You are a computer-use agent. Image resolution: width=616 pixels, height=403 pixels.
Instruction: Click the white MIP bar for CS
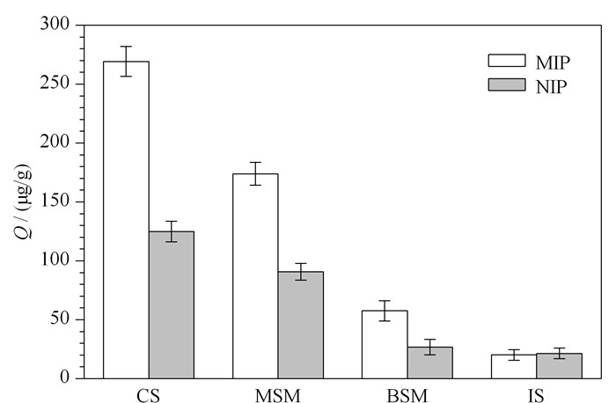[126, 220]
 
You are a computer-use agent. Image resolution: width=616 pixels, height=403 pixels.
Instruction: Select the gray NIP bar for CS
[172, 304]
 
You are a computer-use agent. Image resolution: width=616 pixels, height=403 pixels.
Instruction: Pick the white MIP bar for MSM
[255, 276]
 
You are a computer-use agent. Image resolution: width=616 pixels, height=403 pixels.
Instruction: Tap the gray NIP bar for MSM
[301, 325]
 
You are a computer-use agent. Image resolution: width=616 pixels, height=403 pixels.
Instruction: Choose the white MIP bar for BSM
[385, 344]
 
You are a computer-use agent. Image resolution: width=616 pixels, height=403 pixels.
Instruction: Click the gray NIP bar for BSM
[429, 363]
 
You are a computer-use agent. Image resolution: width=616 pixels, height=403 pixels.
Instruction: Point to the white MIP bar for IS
[514, 366]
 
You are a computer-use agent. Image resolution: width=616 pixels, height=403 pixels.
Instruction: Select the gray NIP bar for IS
[559, 366]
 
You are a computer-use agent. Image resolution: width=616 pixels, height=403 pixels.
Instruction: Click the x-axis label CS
[149, 396]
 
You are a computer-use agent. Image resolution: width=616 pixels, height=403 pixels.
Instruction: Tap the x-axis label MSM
[278, 396]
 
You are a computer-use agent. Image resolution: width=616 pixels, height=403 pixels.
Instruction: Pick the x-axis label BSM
[407, 396]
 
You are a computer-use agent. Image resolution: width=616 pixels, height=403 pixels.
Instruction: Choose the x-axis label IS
[536, 396]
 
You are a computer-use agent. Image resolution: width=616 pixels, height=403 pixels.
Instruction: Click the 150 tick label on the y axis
[55, 201]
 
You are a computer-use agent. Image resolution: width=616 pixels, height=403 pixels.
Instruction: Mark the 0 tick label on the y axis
[65, 377]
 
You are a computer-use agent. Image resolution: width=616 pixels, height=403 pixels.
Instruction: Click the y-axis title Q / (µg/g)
[24, 201]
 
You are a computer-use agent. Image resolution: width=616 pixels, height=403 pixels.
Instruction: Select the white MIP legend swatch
[507, 61]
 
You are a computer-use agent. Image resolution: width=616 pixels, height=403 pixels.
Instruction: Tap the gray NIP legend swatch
[507, 84]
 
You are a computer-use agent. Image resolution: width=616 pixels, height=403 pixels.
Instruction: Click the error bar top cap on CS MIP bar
[126, 47]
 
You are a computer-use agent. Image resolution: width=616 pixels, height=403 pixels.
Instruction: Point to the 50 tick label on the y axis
[60, 319]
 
